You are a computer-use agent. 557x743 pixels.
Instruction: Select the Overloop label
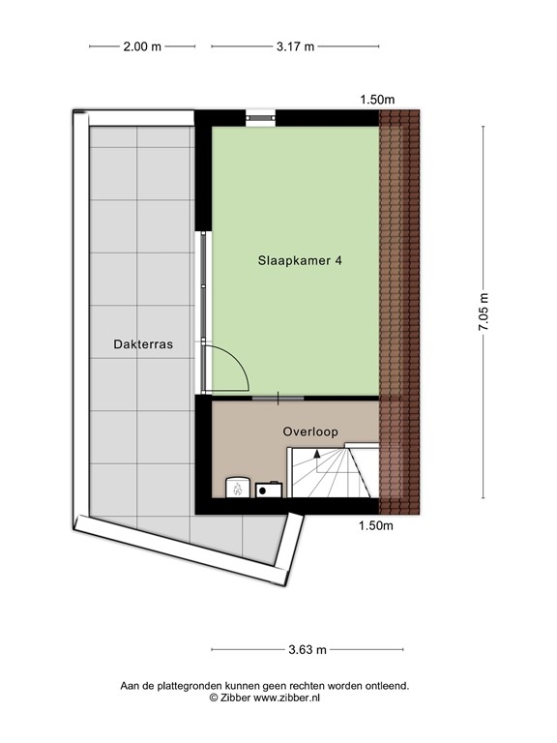coord(310,431)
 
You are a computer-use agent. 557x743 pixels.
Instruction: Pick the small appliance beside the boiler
coord(270,489)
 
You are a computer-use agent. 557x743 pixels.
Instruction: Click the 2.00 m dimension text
coord(142,45)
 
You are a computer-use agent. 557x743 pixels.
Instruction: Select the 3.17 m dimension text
coord(295,45)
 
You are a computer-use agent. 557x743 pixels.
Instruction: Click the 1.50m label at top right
coord(377,100)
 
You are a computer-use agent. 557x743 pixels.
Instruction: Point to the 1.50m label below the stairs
coord(377,526)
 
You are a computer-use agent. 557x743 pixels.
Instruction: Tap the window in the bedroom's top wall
coord(261,117)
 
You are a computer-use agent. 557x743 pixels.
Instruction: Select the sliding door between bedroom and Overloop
coord(278,397)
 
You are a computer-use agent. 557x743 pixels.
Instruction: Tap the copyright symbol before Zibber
coord(214,697)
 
